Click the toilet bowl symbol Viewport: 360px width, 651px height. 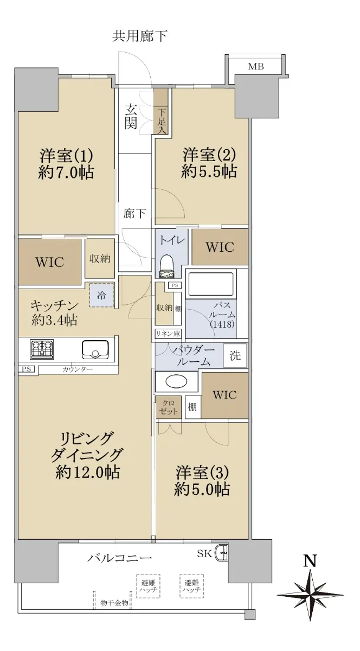click(167, 266)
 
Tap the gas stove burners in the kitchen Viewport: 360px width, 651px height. click(42, 349)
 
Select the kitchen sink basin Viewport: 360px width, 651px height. click(95, 349)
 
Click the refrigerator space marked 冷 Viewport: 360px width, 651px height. click(101, 295)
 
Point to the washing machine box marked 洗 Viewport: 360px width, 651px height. click(235, 355)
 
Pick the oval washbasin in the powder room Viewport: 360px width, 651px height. click(176, 381)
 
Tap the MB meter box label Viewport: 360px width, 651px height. click(256, 67)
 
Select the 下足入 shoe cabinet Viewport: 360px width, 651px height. click(161, 111)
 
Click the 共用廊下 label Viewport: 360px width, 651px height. click(140, 36)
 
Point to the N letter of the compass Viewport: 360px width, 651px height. click(310, 560)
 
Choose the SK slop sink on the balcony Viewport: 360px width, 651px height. click(222, 553)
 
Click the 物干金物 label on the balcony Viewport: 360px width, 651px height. click(114, 603)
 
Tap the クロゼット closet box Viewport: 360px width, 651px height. click(168, 407)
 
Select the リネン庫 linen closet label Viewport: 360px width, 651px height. click(168, 333)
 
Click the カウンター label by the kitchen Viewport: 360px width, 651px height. click(78, 369)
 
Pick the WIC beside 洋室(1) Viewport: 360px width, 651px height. click(50, 262)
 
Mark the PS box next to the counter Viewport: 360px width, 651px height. click(27, 369)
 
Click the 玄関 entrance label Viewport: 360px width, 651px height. click(131, 117)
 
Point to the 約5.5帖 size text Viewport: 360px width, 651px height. click(209, 171)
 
